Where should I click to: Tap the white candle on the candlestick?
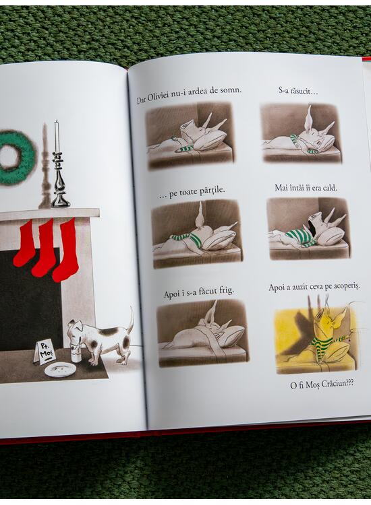pyautogui.click(x=57, y=136)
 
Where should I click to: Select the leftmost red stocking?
pyautogui.click(x=24, y=242)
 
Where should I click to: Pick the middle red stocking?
pyautogui.click(x=45, y=248)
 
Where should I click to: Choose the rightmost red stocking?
pyautogui.click(x=66, y=250)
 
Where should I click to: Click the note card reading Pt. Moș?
pyautogui.click(x=45, y=353)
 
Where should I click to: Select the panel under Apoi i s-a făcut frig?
pyautogui.click(x=202, y=333)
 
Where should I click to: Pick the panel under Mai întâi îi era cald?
pyautogui.click(x=309, y=229)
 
